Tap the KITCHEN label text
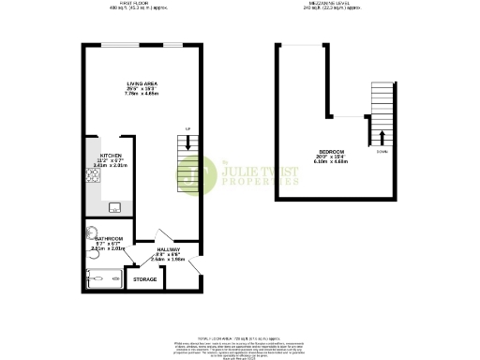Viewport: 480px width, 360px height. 111,156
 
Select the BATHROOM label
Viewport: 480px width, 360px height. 109,240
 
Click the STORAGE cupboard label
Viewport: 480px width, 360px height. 144,279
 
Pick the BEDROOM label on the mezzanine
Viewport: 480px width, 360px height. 330,151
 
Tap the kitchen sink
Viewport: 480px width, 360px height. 115,207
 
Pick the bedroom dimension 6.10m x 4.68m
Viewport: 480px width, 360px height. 330,162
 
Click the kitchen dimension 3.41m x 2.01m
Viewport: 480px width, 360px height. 111,167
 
